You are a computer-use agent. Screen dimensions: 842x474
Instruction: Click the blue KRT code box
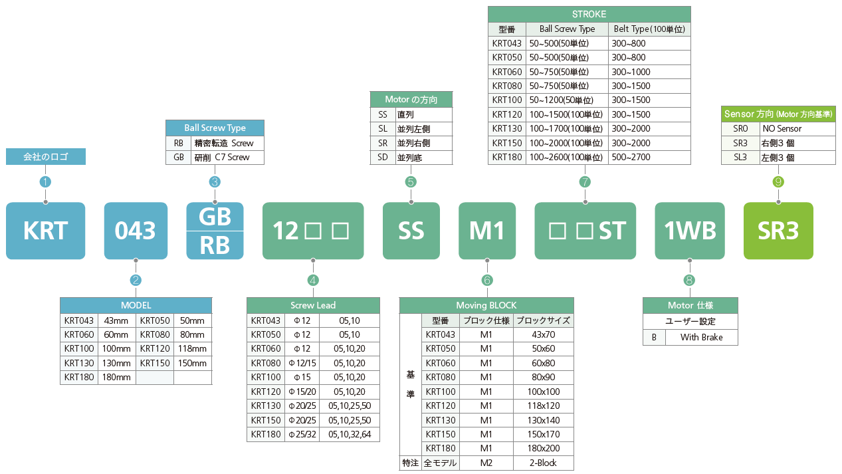point(45,231)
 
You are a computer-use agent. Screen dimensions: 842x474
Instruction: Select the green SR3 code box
point(778,231)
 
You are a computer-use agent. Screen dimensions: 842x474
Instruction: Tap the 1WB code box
point(690,231)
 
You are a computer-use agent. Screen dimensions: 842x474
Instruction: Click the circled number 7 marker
point(585,182)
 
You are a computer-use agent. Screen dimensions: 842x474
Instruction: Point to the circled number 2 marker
point(136,280)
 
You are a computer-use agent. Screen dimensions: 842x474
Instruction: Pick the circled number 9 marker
point(778,182)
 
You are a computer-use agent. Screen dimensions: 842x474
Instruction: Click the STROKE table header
point(589,14)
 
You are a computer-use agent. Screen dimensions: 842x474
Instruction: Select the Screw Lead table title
point(313,305)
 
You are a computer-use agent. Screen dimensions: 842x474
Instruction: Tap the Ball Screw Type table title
point(215,128)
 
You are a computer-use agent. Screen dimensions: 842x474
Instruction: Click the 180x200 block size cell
point(544,448)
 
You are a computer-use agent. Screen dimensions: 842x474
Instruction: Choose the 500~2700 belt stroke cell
point(649,157)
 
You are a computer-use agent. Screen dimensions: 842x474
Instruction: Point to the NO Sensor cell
point(797,128)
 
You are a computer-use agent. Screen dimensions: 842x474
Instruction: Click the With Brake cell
point(701,337)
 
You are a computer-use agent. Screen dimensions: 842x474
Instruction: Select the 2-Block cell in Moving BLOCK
point(544,463)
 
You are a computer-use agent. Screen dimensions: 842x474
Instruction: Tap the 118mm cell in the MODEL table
point(193,348)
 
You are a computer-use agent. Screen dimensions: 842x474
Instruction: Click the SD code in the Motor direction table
point(383,157)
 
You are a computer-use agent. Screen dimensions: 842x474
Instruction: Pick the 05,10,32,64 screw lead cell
point(350,434)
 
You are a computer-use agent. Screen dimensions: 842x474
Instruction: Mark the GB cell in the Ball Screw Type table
point(179,157)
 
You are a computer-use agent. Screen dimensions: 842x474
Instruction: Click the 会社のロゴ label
point(46,157)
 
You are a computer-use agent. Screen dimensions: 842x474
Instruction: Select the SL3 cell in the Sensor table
point(740,157)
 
